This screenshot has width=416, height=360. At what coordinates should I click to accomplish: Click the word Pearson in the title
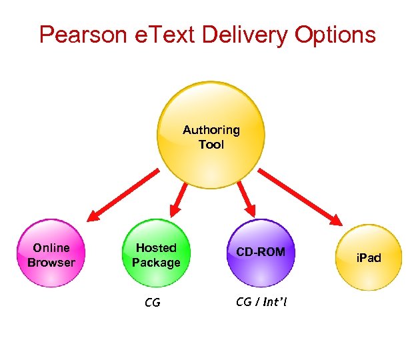[82, 34]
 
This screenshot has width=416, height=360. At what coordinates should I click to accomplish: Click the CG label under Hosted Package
[153, 303]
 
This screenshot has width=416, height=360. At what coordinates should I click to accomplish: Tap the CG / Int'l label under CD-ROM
[260, 302]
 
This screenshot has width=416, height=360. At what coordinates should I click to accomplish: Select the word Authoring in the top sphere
[211, 130]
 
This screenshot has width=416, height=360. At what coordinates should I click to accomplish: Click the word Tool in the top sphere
[211, 144]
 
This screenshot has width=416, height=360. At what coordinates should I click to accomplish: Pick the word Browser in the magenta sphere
[51, 262]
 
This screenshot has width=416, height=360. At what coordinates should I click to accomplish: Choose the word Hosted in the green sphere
[156, 248]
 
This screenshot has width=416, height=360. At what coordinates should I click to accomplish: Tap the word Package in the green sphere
[156, 262]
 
